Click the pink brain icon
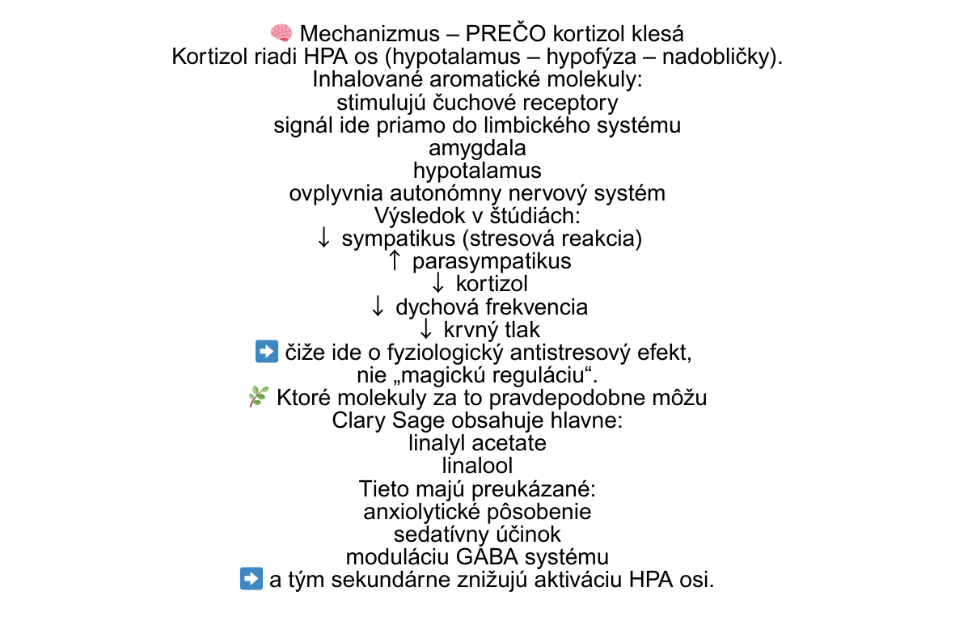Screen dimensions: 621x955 (x=281, y=32)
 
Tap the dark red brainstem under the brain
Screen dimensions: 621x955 (x=285, y=40)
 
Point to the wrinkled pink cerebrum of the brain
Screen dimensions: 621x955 (x=280, y=31)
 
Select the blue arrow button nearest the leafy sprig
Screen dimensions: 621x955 (x=267, y=351)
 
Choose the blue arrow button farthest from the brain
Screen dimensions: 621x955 (x=251, y=578)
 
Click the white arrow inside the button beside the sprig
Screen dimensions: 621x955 (x=267, y=351)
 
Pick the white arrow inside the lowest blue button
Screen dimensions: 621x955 (x=251, y=578)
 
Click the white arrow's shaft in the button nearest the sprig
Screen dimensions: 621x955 (x=262, y=351)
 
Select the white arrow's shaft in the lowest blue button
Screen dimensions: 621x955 (x=247, y=578)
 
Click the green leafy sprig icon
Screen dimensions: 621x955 (x=259, y=396)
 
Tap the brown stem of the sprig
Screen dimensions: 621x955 (x=254, y=399)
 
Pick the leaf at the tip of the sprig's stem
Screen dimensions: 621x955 (x=265, y=388)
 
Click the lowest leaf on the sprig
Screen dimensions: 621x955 (x=257, y=403)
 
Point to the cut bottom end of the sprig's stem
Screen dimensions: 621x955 (x=251, y=406)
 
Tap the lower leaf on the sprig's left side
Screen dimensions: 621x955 (x=252, y=396)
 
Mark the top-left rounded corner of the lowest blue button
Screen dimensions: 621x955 (x=242, y=568)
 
